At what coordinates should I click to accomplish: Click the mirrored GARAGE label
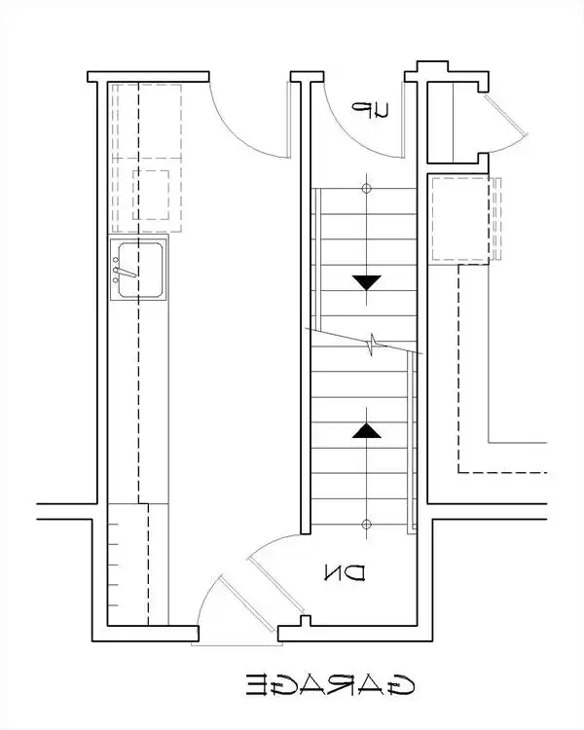pyautogui.click(x=330, y=685)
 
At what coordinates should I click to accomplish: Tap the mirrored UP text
pyautogui.click(x=369, y=110)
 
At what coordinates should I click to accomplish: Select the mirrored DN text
pyautogui.click(x=345, y=573)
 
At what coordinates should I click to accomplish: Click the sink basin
pyautogui.click(x=140, y=270)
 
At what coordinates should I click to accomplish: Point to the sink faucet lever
pyautogui.click(x=125, y=273)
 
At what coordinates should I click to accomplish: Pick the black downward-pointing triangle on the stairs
pyautogui.click(x=367, y=282)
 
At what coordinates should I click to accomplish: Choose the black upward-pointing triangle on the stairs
pyautogui.click(x=367, y=430)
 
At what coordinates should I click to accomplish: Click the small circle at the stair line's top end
pyautogui.click(x=367, y=189)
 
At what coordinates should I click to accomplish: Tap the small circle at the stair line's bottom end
pyautogui.click(x=367, y=525)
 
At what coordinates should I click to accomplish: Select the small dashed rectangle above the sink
pyautogui.click(x=151, y=195)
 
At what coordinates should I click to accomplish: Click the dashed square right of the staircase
pyautogui.click(x=459, y=218)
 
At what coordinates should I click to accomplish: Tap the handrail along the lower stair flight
pyautogui.click(x=412, y=442)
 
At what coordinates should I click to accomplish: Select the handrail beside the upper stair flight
pyautogui.click(x=316, y=259)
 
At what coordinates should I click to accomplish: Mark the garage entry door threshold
pyautogui.click(x=237, y=644)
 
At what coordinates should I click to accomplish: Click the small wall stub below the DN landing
pyautogui.click(x=306, y=621)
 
